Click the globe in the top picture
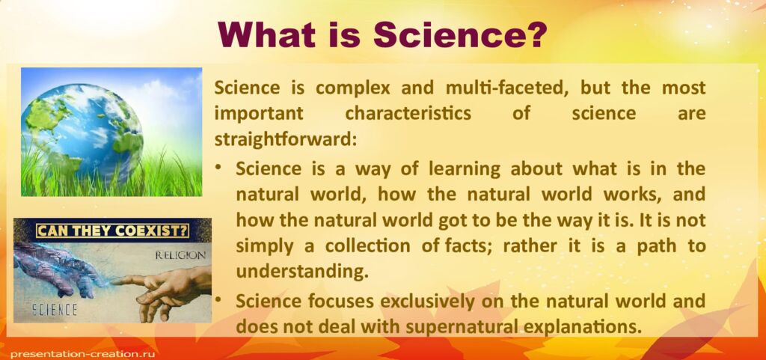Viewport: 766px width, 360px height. click(x=82, y=123)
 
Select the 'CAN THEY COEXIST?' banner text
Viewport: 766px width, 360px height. click(x=111, y=230)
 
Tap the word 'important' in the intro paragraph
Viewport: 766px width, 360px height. click(x=257, y=114)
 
